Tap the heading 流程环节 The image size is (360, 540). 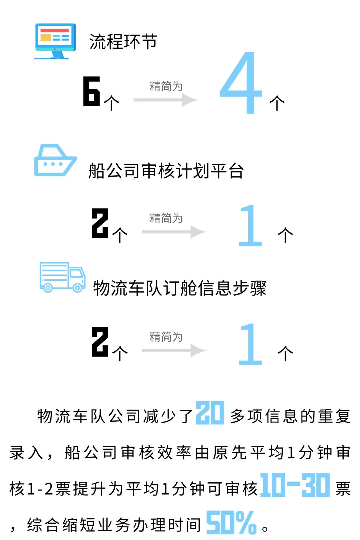pyautogui.click(x=123, y=42)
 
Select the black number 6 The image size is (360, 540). pyautogui.click(x=91, y=91)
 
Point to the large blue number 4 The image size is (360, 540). pyautogui.click(x=241, y=83)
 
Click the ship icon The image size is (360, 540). pyautogui.click(x=55, y=160)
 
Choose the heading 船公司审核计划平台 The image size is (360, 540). pyautogui.click(x=166, y=171)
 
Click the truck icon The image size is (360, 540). pyautogui.click(x=62, y=277)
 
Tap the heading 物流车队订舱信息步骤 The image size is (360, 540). pyautogui.click(x=180, y=288)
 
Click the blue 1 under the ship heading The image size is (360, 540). pyautogui.click(x=250, y=226)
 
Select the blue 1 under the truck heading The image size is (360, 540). pyautogui.click(x=250, y=344)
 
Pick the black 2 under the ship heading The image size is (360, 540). pyautogui.click(x=100, y=223)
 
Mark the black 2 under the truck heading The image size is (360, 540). pyautogui.click(x=100, y=342)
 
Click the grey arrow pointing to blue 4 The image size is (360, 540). pyautogui.click(x=166, y=100)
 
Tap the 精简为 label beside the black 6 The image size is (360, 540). pyautogui.click(x=166, y=86)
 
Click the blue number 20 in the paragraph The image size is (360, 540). pyautogui.click(x=210, y=413)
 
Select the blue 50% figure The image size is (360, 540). pyautogui.click(x=231, y=522)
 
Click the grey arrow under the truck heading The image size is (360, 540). pyautogui.click(x=174, y=350)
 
